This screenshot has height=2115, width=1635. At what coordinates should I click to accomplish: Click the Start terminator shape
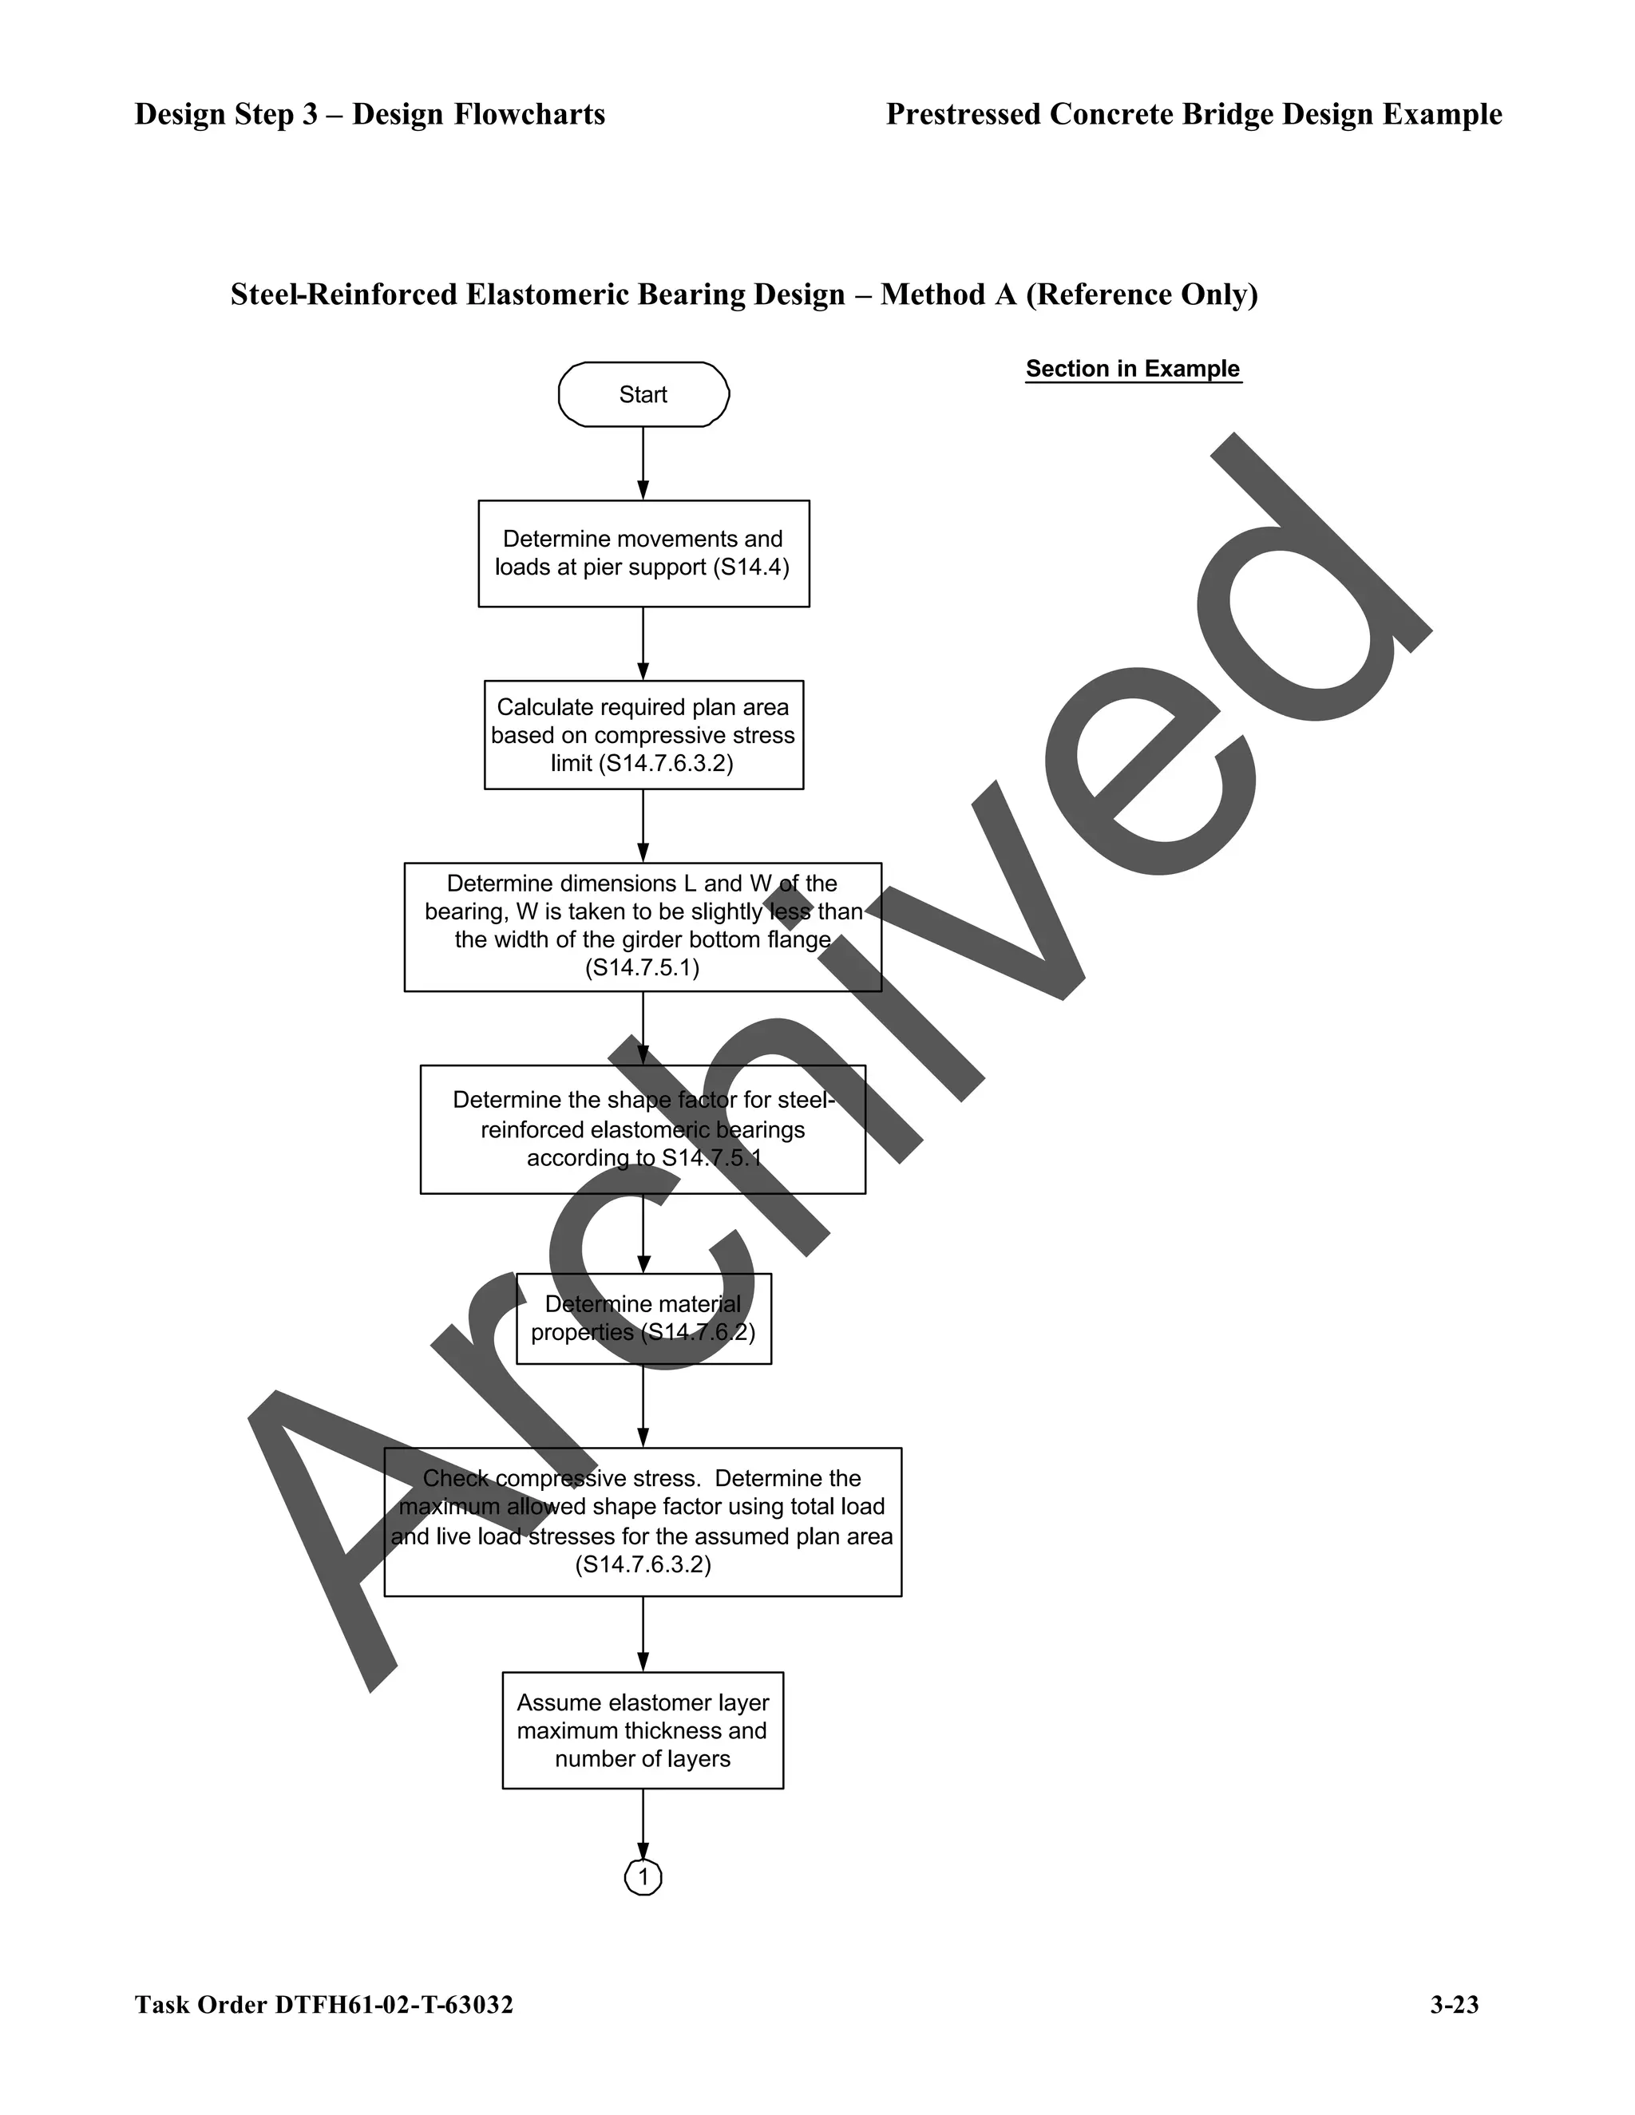(643, 394)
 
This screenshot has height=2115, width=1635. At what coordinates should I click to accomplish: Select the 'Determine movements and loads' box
(643, 553)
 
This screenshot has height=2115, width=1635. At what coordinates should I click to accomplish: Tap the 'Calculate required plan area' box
(643, 734)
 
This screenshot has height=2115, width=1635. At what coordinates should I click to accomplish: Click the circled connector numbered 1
(643, 1878)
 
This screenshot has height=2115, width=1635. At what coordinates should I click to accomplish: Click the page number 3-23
(1454, 2005)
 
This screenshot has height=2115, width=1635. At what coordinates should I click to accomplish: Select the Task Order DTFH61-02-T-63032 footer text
(323, 2005)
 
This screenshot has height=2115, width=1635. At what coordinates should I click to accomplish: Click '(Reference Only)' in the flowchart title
(1141, 295)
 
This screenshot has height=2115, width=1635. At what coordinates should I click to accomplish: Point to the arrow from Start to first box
(643, 463)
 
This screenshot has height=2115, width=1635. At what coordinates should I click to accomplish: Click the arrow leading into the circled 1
(643, 1824)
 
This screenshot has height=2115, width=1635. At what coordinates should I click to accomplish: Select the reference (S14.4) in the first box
(750, 567)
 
